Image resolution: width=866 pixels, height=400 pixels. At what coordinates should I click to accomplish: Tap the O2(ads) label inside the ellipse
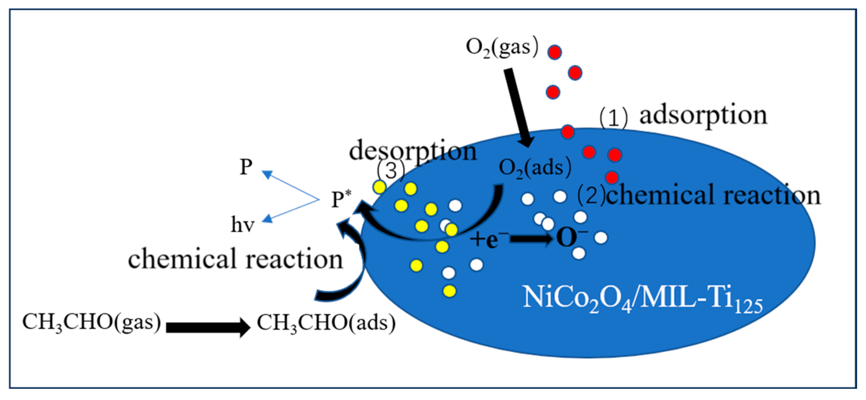[535, 168]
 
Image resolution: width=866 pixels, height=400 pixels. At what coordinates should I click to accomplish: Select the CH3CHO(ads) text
[326, 323]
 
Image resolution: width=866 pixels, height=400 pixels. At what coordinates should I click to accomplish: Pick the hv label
[243, 225]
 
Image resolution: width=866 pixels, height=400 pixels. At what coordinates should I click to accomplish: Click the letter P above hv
[246, 167]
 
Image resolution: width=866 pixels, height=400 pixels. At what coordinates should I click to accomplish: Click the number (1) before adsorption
[613, 118]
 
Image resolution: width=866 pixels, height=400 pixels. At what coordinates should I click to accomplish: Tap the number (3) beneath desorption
[391, 171]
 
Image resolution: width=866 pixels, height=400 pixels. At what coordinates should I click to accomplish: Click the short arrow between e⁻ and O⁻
[531, 239]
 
